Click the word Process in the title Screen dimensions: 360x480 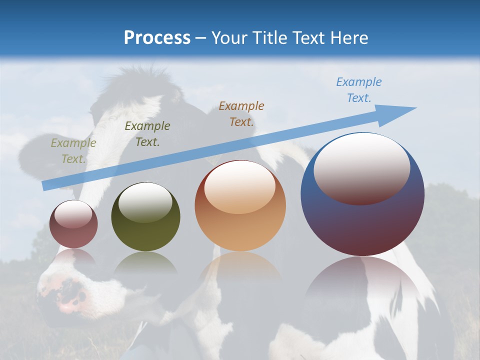157,38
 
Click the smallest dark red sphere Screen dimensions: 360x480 73,224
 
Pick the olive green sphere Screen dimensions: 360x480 145,217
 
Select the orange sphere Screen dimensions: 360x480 240,206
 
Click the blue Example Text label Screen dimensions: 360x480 358,90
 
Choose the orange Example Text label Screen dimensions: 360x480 241,113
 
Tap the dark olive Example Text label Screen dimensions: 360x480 147,134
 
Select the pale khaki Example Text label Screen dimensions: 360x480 73,151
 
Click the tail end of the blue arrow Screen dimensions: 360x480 45,186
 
